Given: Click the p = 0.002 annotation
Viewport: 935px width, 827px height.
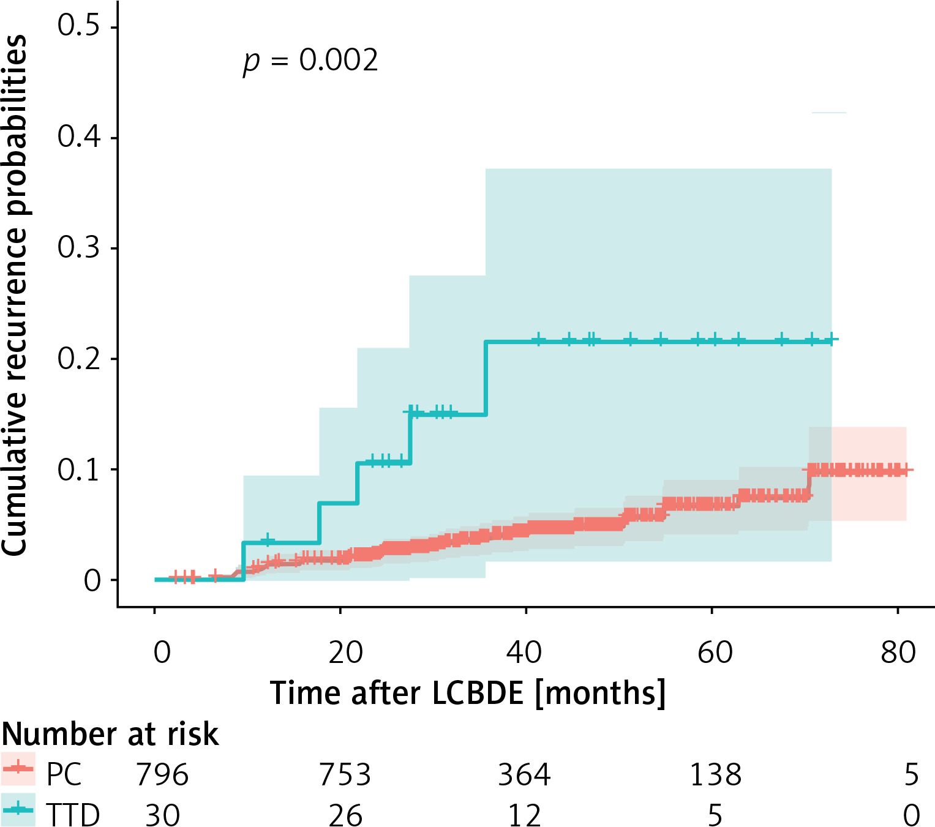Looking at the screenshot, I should (310, 61).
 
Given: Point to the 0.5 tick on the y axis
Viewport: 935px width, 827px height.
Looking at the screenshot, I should (78, 26).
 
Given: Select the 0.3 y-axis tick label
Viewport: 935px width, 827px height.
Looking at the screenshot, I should (78, 248).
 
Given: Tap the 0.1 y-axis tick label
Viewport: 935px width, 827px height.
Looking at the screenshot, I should (78, 470).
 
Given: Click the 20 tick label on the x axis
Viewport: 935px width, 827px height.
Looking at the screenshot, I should (345, 653).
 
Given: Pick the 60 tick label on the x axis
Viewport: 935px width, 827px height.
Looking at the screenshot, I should (715, 653).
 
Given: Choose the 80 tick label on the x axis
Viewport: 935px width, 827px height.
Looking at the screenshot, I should (898, 653).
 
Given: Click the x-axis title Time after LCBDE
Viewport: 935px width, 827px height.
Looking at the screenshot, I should (468, 694).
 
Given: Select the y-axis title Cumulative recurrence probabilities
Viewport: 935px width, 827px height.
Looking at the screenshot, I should (15, 295).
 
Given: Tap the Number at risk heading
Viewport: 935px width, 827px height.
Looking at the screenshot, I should (110, 734).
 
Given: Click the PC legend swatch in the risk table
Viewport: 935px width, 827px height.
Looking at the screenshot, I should (18, 769).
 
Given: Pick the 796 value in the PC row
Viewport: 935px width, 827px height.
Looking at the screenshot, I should (162, 775).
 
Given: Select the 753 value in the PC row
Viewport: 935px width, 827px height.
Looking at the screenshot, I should (345, 775).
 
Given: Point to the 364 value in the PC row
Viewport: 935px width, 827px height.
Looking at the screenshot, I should (524, 775).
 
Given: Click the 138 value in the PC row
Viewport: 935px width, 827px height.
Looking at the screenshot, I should (715, 775).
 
